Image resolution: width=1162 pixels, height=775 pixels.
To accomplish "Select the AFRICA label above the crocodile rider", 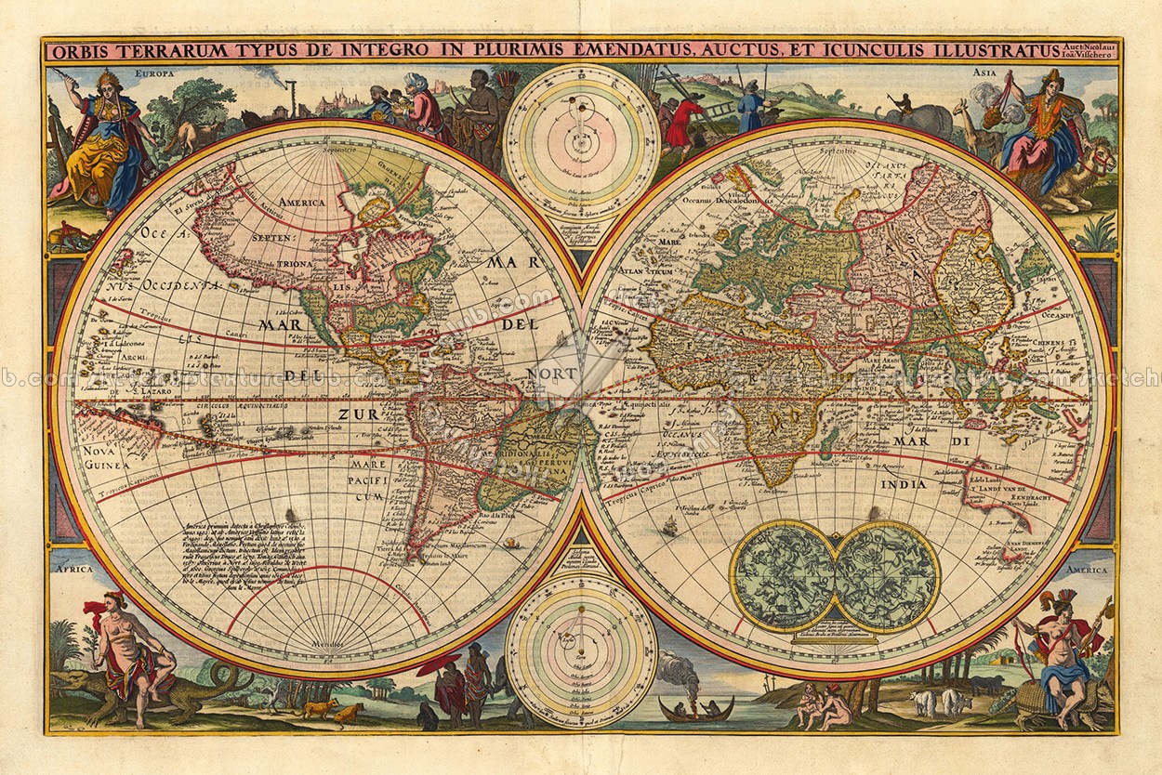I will click(72, 567).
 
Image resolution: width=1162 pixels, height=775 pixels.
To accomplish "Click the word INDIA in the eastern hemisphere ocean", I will click(906, 484).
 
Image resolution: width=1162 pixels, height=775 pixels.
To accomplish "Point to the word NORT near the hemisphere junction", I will click(552, 373).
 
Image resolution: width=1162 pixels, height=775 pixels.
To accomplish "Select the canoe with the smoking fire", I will click(694, 708).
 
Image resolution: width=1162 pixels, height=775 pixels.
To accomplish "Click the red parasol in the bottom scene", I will click(438, 665).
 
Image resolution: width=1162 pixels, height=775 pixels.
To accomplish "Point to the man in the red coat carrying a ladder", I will click(684, 122).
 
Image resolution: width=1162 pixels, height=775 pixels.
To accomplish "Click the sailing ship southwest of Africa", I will click(668, 527).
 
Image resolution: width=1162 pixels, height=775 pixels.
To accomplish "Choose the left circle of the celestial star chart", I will click(783, 575).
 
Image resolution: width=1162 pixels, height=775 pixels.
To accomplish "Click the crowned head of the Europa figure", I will click(108, 80).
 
